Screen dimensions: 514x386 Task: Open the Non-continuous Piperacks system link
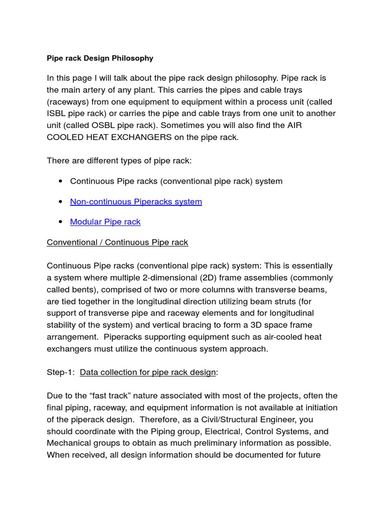click(136, 202)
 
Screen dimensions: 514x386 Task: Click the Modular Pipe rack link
click(105, 222)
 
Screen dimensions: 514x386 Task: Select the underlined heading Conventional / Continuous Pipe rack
click(117, 242)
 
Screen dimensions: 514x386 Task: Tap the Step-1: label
click(61, 372)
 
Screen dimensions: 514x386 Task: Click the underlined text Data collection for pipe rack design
click(148, 372)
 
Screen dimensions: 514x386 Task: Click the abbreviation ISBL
click(56, 114)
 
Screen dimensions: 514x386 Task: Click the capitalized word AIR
click(294, 125)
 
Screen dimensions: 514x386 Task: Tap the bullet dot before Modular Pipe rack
click(60, 222)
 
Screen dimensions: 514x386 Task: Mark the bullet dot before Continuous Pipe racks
click(60, 181)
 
